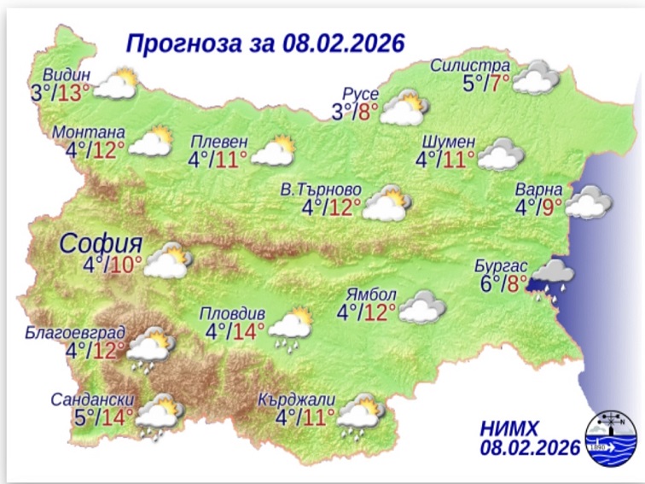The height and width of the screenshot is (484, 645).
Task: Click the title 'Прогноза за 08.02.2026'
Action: pos(264,43)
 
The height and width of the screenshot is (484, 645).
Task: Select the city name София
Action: pos(100,243)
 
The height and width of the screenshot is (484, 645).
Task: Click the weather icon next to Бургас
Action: pos(552,277)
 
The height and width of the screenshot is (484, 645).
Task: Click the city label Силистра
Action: pos(470,66)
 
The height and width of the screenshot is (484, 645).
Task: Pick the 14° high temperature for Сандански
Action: pos(117,418)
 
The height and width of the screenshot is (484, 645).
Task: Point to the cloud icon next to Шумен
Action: pos(501,155)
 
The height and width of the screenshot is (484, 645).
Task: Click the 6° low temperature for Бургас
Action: pos(487,284)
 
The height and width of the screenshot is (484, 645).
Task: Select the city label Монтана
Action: pos(89,132)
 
